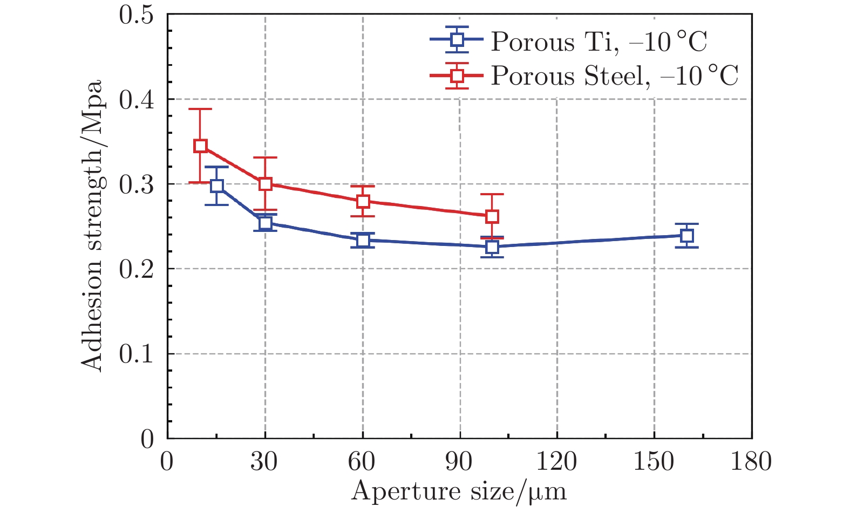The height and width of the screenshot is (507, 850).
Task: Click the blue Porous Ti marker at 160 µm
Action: [x=686, y=236]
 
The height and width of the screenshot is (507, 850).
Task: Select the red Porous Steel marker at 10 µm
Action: [x=200, y=146]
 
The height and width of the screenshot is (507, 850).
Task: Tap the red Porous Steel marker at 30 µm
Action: [x=265, y=184]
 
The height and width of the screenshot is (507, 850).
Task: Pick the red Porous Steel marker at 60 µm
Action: [x=363, y=201]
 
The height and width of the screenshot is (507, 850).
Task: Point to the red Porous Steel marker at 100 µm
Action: [x=492, y=217]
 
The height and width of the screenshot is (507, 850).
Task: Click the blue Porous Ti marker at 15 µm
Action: [x=216, y=186]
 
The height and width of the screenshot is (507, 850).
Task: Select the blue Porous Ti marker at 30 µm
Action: [x=265, y=223]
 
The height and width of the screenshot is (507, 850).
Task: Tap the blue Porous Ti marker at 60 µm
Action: [x=363, y=240]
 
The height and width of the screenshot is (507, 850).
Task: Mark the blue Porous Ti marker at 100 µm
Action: [x=492, y=247]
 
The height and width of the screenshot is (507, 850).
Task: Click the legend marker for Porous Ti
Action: [x=457, y=39]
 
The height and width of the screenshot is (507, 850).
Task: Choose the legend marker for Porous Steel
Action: [x=457, y=76]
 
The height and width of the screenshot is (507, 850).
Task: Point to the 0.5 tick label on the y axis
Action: [x=136, y=15]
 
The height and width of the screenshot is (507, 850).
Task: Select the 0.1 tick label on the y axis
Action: [x=136, y=354]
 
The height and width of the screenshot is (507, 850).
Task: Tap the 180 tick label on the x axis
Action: [x=751, y=462]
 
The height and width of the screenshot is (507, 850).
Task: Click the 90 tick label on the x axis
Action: [x=459, y=462]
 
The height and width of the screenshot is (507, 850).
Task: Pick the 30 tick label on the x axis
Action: [x=264, y=462]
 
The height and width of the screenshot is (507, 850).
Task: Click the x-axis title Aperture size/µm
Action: [x=459, y=492]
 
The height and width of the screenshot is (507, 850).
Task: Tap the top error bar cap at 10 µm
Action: [x=200, y=109]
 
